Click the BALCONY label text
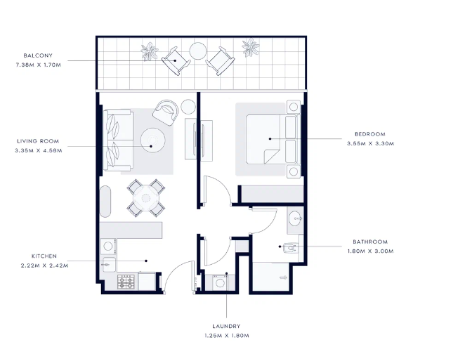tap(38, 55)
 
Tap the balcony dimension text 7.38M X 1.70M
tap(38, 65)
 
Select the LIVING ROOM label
tap(38, 141)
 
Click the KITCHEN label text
tap(44, 256)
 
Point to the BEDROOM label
tap(370, 134)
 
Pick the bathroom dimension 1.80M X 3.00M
tap(371, 251)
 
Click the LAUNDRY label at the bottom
tap(226, 327)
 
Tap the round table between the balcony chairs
tap(198, 51)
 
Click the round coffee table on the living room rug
tap(152, 140)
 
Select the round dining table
tap(146, 198)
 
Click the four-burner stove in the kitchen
tap(126, 282)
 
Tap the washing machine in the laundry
tap(220, 282)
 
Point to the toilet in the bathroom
tap(290, 248)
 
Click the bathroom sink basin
tap(295, 218)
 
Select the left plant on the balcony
tap(150, 51)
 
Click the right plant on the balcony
tap(251, 48)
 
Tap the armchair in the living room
tap(166, 112)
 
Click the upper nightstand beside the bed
tap(294, 107)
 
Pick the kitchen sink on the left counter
tap(108, 264)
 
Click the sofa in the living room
tap(118, 140)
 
